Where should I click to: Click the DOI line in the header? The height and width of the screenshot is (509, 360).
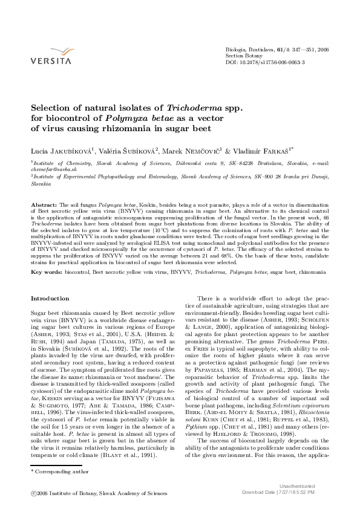pos(264,62)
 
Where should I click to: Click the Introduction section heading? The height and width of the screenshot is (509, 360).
pos(50,299)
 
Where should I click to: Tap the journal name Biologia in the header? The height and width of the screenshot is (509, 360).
pos(236,48)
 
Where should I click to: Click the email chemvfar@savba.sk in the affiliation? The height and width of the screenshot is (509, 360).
pos(51,170)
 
